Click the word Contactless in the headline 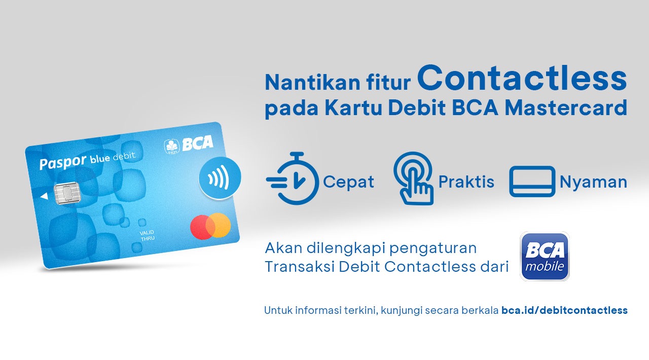(522, 78)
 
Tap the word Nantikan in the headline (312, 83)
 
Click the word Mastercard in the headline (566, 108)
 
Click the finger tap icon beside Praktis (413, 178)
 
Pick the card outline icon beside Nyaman (532, 182)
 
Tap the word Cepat (348, 183)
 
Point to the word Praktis (466, 182)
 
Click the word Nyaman (593, 183)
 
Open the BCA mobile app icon (545, 256)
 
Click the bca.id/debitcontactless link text (564, 310)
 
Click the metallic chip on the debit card (67, 193)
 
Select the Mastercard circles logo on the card (210, 226)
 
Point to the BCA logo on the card (189, 144)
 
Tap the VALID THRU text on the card (147, 235)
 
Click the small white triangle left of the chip (44, 196)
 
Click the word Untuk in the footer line (278, 310)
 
